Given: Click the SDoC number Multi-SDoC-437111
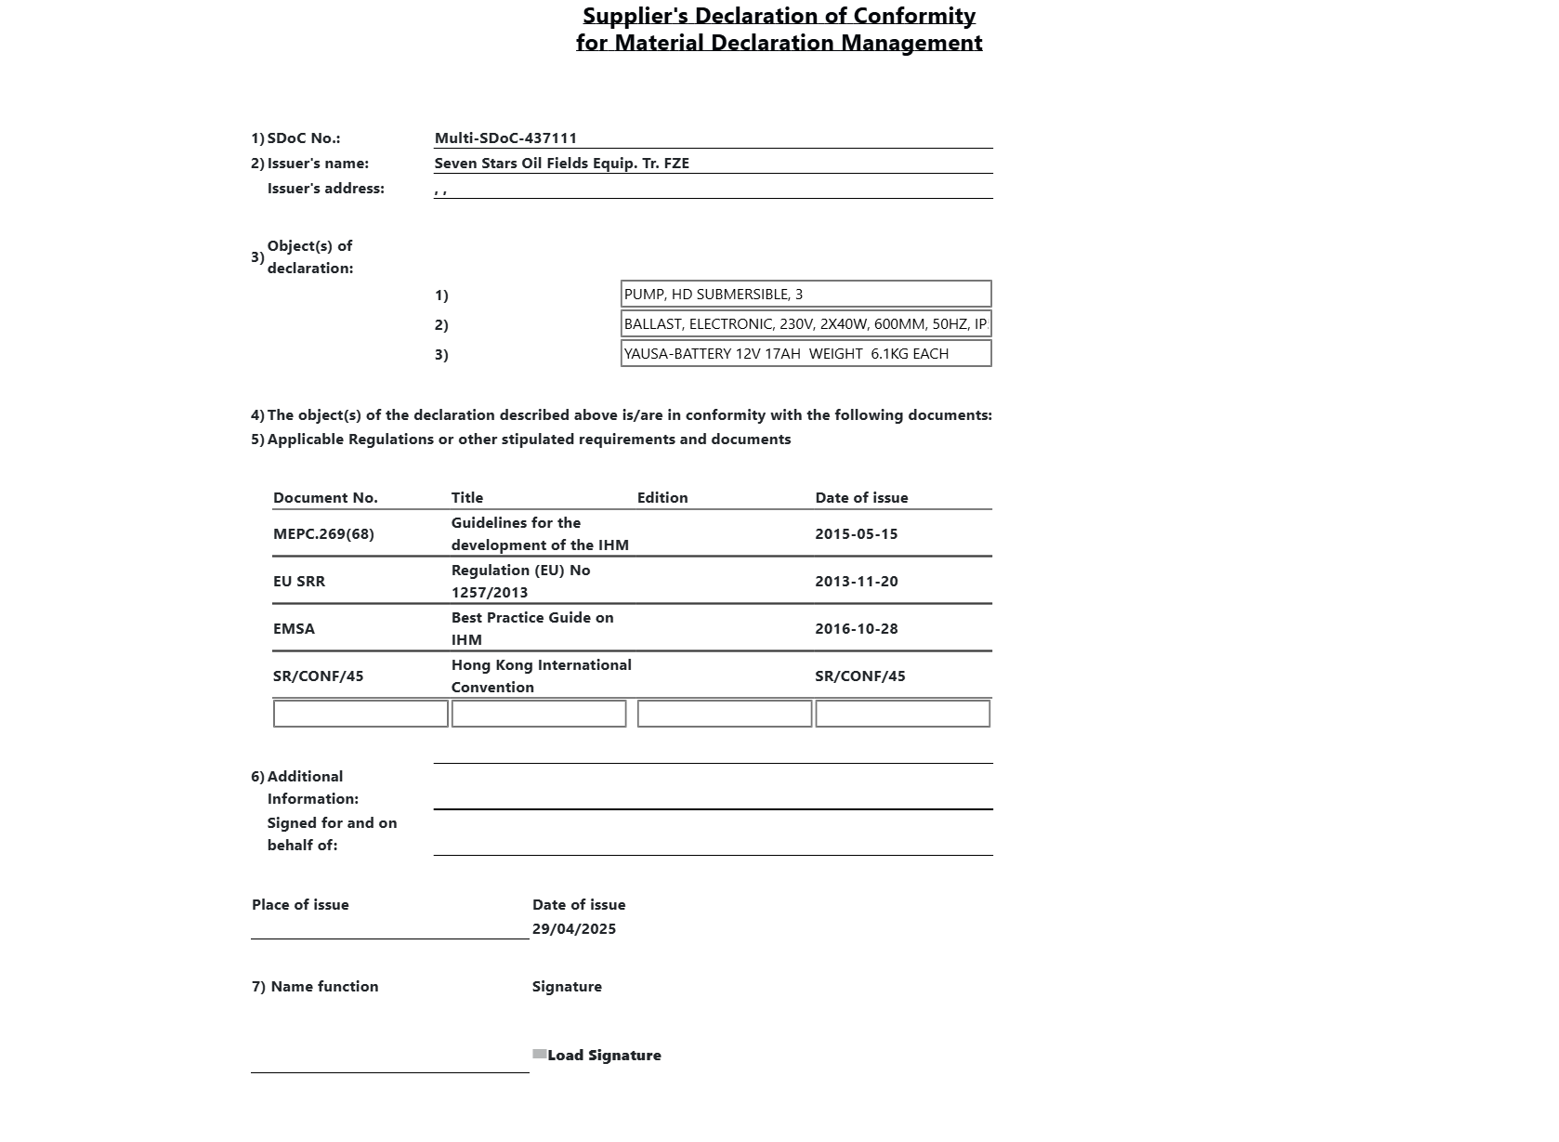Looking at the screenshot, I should (x=505, y=138).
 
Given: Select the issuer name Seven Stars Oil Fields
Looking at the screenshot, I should (x=561, y=164).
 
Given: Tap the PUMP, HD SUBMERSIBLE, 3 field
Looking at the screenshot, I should (x=806, y=295).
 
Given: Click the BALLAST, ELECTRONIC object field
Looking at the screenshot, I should (x=806, y=324).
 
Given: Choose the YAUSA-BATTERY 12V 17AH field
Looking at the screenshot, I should (x=806, y=354).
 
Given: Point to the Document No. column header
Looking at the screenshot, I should (x=325, y=498).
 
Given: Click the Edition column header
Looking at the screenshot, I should (x=662, y=498).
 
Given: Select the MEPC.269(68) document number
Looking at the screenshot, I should (x=323, y=534).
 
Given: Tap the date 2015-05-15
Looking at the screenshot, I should (x=856, y=534).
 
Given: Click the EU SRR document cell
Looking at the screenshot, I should (x=299, y=582).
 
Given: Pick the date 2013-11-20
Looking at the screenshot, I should (x=856, y=582).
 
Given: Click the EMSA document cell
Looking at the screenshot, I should (x=294, y=629).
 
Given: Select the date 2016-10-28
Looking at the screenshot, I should (x=856, y=629).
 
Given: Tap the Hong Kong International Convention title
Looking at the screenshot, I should (x=541, y=676).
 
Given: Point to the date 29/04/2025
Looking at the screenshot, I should (x=573, y=929).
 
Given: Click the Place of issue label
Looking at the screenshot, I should (x=300, y=905).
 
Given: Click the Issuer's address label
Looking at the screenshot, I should (x=325, y=189).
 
